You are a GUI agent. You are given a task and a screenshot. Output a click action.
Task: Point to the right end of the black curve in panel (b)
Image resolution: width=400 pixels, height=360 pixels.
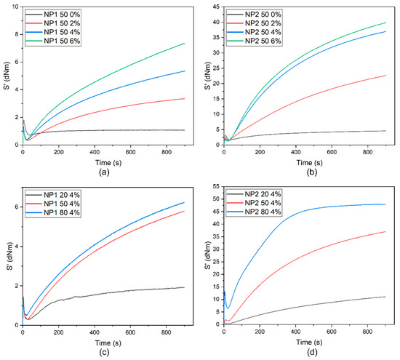[385, 131]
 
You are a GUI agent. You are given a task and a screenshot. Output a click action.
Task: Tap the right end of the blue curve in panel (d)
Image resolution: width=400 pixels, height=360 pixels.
[385, 204]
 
